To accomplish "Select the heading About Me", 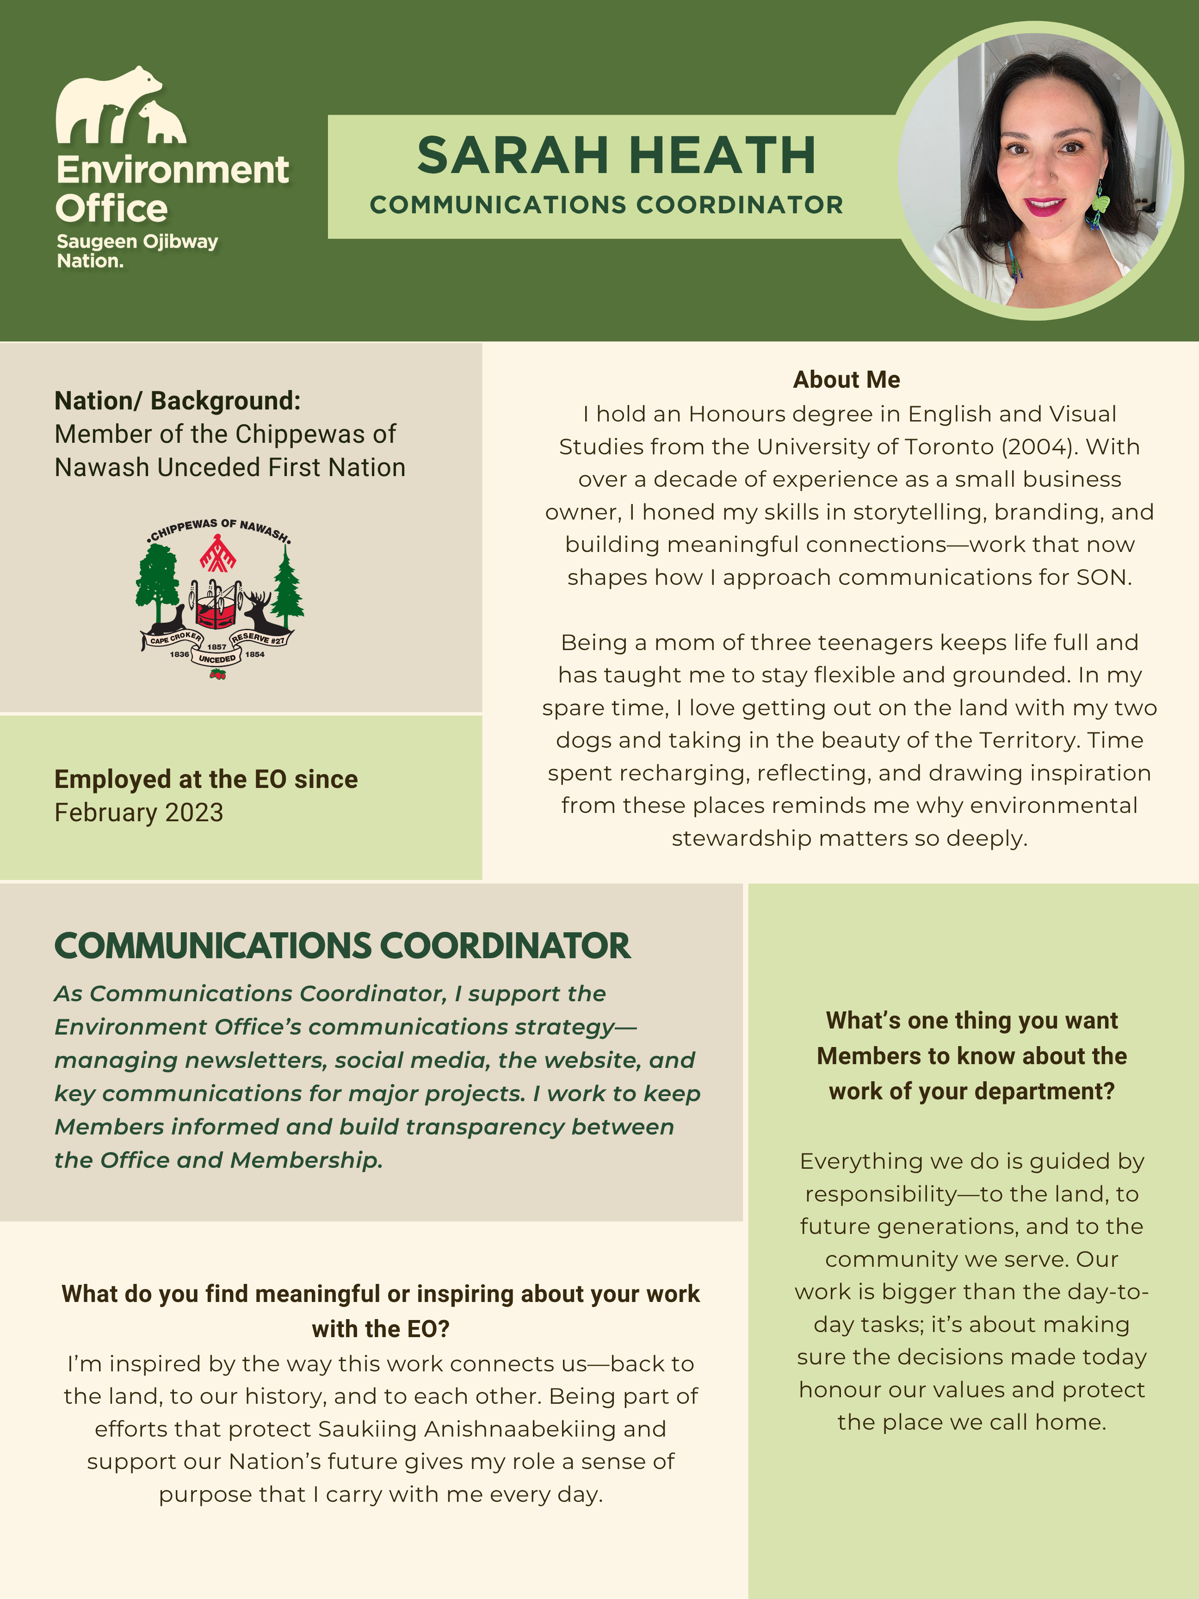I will coord(847,379).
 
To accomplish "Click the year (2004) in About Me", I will coord(1035,447).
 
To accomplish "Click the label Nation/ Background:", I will coord(177,401).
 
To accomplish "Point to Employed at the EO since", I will coord(206,779).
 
